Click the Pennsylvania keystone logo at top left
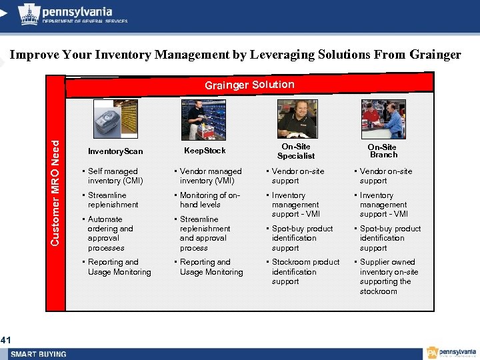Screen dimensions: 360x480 click(29, 14)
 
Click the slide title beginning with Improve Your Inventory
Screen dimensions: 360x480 click(235, 55)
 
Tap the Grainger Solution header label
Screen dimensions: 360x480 click(249, 85)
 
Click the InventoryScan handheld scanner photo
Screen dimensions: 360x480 click(115, 120)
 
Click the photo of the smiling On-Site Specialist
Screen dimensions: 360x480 click(297, 119)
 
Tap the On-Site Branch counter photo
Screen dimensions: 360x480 click(383, 119)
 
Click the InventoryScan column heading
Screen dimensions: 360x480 click(115, 151)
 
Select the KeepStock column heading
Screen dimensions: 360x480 click(205, 151)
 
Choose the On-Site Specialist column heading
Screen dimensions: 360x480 click(296, 151)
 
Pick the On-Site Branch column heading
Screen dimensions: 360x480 click(383, 151)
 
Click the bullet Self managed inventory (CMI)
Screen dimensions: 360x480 click(113, 176)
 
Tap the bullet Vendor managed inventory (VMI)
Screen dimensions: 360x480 click(211, 176)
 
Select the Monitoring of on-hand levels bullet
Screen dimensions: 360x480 click(209, 200)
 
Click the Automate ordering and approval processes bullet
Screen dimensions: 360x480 click(110, 233)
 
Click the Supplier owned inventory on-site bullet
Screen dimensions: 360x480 click(389, 277)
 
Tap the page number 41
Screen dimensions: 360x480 click(6, 341)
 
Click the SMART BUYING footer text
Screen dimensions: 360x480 click(38, 354)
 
